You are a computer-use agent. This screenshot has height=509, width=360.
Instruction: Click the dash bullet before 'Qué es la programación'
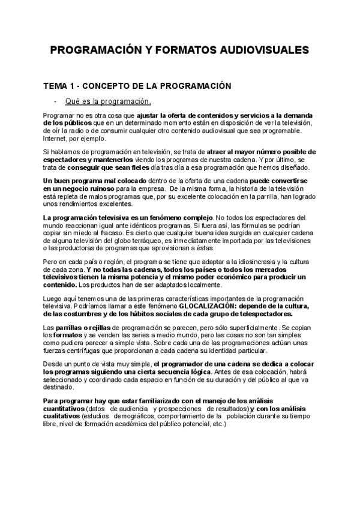point(56,101)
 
